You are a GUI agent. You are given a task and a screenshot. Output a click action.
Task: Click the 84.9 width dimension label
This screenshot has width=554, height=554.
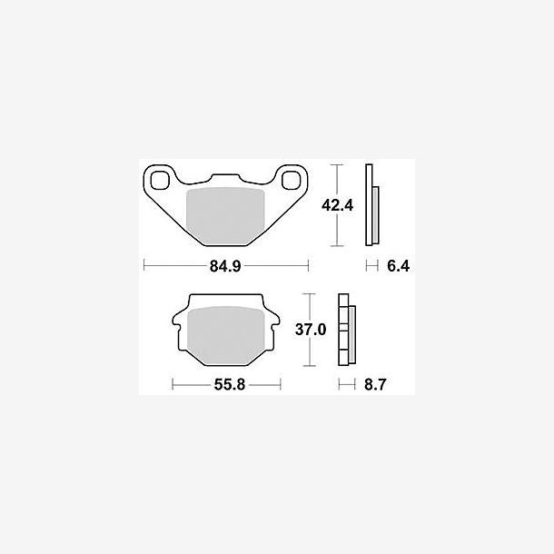[225, 266]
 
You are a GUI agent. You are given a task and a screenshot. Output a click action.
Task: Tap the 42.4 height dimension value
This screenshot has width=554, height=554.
[337, 205]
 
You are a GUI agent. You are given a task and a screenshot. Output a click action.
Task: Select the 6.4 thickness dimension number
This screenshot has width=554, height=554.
[398, 266]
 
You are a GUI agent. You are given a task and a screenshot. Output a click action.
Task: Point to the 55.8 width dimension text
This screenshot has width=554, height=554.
[229, 384]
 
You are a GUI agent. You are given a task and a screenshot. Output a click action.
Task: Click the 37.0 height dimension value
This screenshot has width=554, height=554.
[311, 330]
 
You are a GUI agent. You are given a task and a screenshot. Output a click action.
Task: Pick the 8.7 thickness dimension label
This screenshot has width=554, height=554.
[375, 384]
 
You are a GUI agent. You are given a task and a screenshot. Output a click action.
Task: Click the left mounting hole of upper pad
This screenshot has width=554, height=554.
[160, 180]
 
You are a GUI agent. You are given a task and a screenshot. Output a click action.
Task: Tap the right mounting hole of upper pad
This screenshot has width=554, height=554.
[292, 180]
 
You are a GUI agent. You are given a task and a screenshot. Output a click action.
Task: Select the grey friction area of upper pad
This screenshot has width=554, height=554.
[225, 216]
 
